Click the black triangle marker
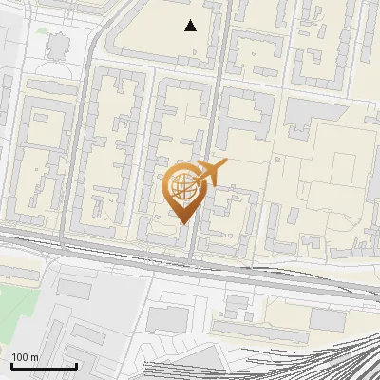click(x=191, y=26)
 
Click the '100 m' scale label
click(x=25, y=356)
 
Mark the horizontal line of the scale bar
click(x=44, y=366)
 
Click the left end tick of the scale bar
click(x=11, y=364)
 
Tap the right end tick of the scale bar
click(x=76, y=364)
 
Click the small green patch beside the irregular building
click(x=42, y=28)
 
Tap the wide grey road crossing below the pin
click(x=190, y=266)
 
